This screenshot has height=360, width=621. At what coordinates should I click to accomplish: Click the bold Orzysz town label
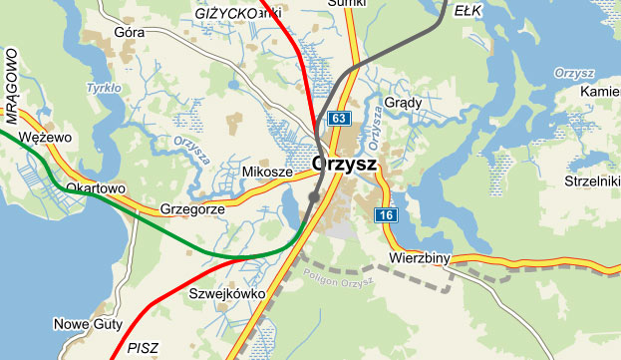345,163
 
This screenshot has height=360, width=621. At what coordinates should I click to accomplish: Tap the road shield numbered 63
340,120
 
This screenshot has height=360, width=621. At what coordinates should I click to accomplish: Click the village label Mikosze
267,173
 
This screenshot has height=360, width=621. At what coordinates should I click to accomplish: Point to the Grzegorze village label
192,210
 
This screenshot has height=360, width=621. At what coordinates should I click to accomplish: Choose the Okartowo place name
95,187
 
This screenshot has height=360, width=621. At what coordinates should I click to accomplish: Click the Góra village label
130,32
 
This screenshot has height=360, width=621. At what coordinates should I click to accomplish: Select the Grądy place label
405,102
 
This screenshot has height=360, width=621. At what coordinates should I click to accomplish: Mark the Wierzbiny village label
420,259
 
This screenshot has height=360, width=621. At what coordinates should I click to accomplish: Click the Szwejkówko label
225,294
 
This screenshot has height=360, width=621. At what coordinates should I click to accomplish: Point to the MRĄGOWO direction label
13,76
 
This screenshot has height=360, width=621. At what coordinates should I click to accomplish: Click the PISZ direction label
143,347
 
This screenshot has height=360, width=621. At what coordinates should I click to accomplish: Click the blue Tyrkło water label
104,88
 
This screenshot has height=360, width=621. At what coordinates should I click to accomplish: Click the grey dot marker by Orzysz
314,197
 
